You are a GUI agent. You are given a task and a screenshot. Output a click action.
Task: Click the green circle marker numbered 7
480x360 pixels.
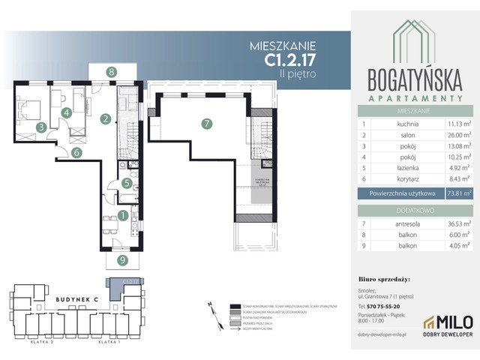(x=205, y=124)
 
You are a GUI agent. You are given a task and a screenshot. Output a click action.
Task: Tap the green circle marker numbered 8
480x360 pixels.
(x=111, y=72)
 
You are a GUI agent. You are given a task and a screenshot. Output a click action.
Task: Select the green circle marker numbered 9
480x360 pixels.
(x=122, y=261)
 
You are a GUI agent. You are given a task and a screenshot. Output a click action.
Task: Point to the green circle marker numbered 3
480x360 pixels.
(x=41, y=127)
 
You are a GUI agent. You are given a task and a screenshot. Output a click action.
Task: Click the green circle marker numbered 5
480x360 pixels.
(x=127, y=183)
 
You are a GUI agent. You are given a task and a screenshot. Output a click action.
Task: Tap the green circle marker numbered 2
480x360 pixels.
(x=106, y=118)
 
